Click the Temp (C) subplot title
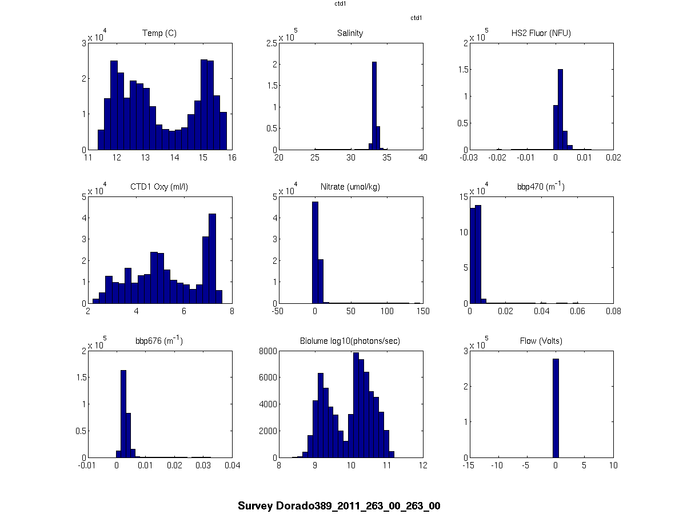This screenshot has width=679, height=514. click(x=159, y=33)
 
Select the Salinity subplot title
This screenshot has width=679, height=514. click(x=350, y=33)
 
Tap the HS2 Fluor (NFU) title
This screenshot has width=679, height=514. click(x=541, y=33)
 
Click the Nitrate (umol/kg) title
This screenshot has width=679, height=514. click(x=350, y=186)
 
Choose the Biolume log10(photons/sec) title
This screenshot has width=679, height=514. click(x=350, y=341)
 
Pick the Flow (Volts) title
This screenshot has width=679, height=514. click(x=541, y=341)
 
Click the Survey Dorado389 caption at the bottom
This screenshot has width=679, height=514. click(x=339, y=506)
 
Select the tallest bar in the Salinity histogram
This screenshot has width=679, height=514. click(x=374, y=106)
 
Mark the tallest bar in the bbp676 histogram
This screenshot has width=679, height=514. click(x=123, y=413)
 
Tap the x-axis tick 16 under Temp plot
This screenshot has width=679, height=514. click(x=231, y=157)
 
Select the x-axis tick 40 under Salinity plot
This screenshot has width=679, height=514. click(x=423, y=157)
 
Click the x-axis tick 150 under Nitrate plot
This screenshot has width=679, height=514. click(x=423, y=311)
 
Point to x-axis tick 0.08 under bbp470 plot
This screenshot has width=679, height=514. click(x=613, y=311)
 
